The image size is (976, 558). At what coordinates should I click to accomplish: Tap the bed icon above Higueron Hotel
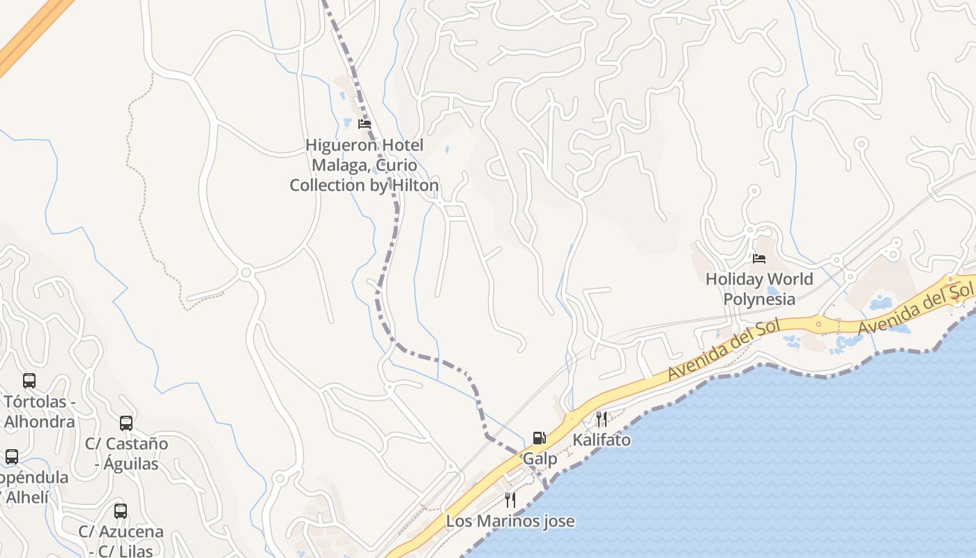click(364, 124)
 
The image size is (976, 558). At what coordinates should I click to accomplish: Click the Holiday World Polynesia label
click(759, 289)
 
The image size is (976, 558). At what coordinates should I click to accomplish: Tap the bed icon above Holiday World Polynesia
click(759, 259)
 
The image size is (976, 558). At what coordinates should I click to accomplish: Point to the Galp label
click(540, 459)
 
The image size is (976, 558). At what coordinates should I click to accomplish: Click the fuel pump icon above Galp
click(539, 438)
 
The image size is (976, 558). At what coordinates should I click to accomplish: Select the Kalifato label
click(602, 440)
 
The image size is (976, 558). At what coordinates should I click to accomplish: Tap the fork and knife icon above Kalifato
click(601, 418)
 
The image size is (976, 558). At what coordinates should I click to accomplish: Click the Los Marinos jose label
click(510, 521)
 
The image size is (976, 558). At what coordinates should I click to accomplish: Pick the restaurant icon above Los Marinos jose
click(510, 499)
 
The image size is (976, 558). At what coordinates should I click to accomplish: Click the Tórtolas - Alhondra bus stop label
click(39, 412)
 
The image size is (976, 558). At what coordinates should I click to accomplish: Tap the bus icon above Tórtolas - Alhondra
click(29, 381)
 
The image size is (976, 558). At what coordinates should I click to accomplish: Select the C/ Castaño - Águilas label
click(127, 453)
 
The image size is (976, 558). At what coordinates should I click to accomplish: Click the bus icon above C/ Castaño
click(126, 423)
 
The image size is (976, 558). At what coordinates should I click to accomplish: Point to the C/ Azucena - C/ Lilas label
click(121, 541)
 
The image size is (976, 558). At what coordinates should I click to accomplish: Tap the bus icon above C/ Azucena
click(121, 511)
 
